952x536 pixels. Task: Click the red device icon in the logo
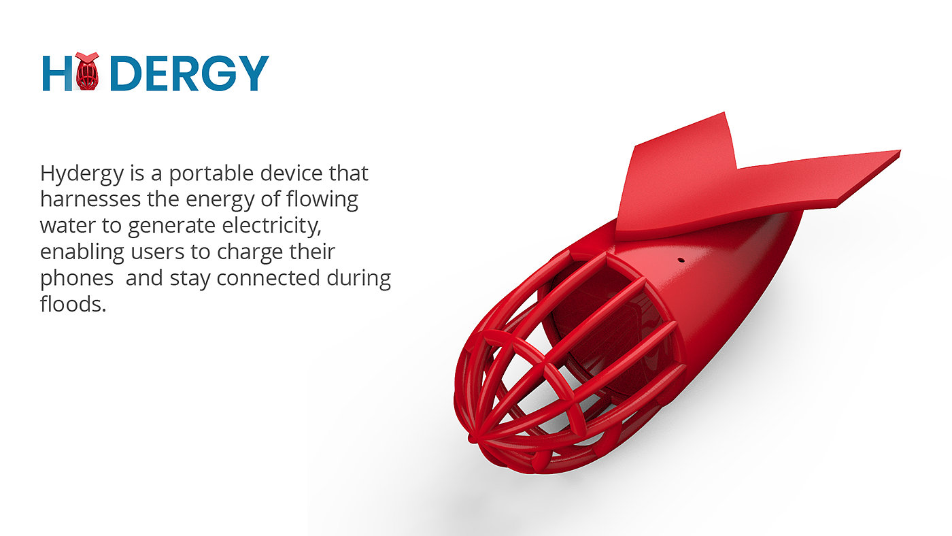click(88, 71)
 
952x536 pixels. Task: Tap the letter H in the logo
click(57, 73)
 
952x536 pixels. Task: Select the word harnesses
click(90, 199)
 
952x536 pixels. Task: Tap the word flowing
click(322, 200)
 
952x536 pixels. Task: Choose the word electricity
click(271, 226)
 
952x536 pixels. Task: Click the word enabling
click(82, 252)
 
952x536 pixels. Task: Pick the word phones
click(77, 279)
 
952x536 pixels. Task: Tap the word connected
click(268, 278)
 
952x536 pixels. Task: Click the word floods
click(73, 304)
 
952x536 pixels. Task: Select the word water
click(67, 226)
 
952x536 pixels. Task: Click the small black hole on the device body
click(681, 260)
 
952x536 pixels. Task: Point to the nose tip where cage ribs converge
click(473, 438)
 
